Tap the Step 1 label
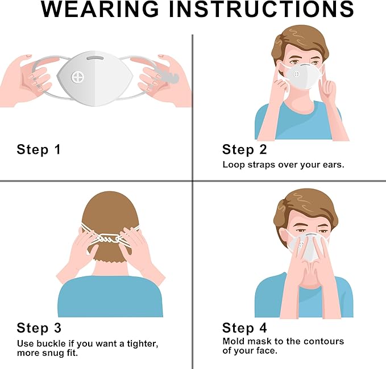coord(39,150)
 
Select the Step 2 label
coord(244,150)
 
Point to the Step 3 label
coord(39,328)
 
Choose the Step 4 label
coord(244,328)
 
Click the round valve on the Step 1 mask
coord(78,77)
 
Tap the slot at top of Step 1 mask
coord(96,57)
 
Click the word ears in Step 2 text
coord(331,165)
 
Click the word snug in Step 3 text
coord(58,354)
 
